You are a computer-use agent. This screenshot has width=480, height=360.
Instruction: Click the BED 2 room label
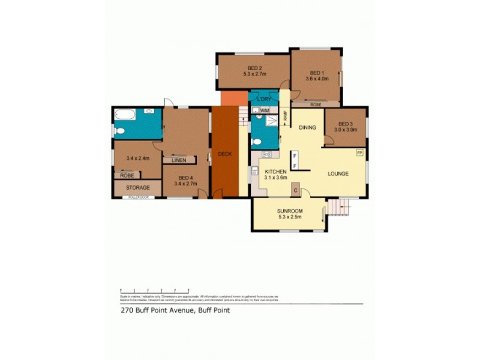(255, 68)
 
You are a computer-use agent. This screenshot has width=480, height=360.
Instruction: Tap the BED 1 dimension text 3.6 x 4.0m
(317, 78)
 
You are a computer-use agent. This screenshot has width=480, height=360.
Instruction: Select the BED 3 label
(346, 122)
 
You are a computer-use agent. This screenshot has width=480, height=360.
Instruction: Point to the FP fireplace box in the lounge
(359, 154)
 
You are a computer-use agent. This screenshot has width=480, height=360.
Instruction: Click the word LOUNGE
(338, 173)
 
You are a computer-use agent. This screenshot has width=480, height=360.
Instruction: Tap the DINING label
(307, 127)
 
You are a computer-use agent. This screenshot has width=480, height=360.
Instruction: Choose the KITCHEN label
(277, 171)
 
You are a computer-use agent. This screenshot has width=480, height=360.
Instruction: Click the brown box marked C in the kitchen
(296, 190)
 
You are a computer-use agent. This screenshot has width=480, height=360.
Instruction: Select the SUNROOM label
(289, 211)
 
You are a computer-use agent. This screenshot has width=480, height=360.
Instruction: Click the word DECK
(225, 154)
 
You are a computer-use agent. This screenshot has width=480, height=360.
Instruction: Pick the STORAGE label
(137, 188)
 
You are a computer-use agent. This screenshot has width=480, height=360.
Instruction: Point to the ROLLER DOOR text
(137, 197)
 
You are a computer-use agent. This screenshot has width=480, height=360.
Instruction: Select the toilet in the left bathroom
(119, 131)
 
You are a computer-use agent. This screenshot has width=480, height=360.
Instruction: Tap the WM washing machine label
(265, 110)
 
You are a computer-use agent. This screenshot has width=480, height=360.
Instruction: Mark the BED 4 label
(185, 178)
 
